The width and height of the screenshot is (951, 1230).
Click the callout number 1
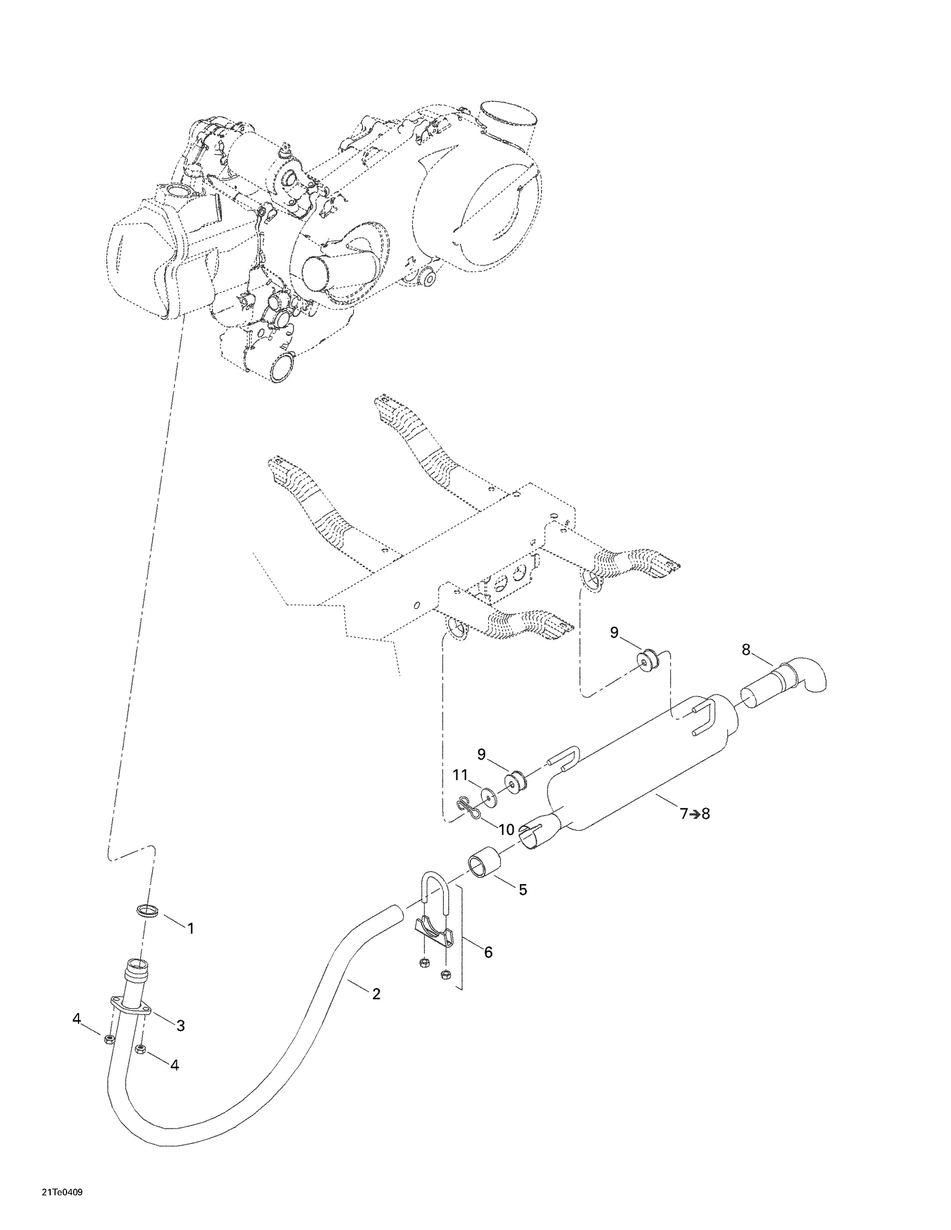[x=190, y=928]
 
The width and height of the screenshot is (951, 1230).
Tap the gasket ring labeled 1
[x=147, y=913]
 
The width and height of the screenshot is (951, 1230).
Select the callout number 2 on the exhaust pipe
[x=376, y=994]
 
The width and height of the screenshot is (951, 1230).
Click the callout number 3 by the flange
[x=181, y=1026]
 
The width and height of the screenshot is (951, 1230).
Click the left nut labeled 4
[x=108, y=1039]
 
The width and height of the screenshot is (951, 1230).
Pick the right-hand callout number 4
[x=174, y=1065]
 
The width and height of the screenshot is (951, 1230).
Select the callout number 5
[x=522, y=890]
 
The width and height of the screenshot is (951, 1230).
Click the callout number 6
[x=488, y=952]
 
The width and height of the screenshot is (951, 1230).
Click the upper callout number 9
[x=614, y=632]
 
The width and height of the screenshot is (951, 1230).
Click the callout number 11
[x=460, y=774]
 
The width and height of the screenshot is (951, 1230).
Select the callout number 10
[x=507, y=830]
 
